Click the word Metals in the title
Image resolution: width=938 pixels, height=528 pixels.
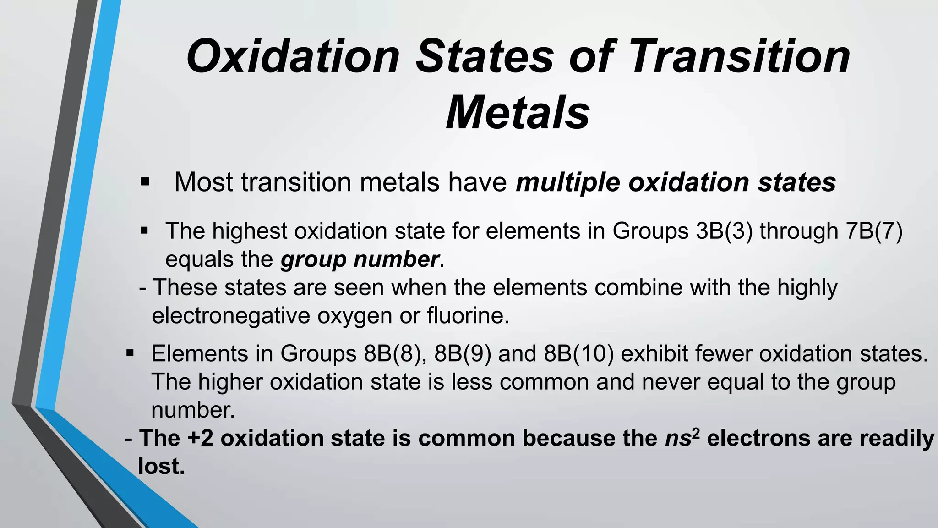click(518, 113)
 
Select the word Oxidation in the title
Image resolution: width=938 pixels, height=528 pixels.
click(293, 56)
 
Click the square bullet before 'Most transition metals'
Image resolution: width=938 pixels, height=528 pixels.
click(145, 182)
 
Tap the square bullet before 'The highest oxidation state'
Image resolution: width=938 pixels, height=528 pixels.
click(144, 230)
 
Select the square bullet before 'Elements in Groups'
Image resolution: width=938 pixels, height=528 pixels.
click(130, 353)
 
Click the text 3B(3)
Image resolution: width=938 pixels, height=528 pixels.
click(724, 231)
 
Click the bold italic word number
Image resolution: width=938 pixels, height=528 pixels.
click(396, 259)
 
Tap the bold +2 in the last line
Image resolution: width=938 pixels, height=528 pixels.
click(200, 438)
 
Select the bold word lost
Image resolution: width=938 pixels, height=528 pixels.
click(161, 467)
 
